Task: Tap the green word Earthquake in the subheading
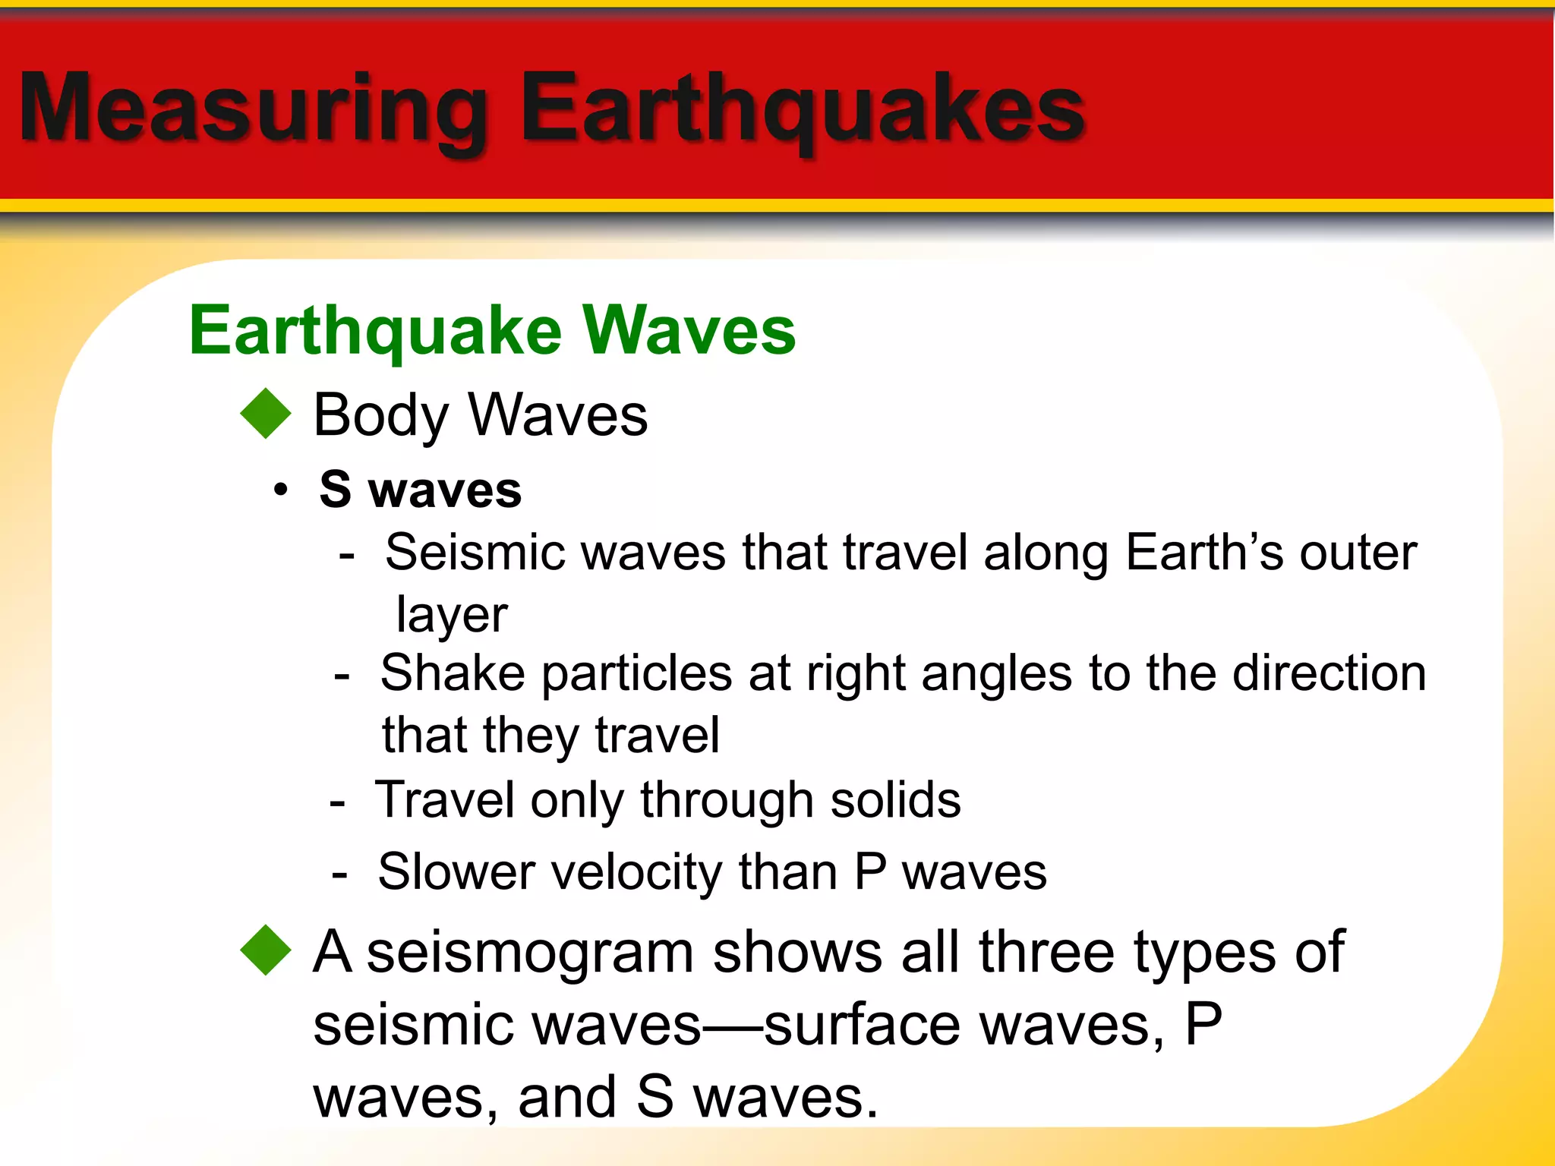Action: [x=375, y=331]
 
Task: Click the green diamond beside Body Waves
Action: [x=266, y=414]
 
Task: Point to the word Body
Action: [x=381, y=415]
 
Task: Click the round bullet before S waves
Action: [x=282, y=490]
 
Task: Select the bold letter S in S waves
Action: [x=336, y=489]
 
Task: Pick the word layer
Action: [x=452, y=615]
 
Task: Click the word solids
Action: [x=895, y=800]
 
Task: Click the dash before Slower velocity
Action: [x=340, y=874]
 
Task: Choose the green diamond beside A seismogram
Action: [x=266, y=950]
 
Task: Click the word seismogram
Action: [x=530, y=953]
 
